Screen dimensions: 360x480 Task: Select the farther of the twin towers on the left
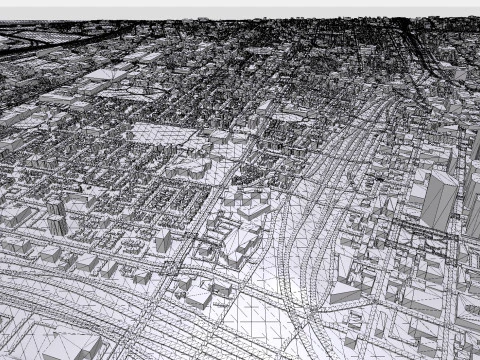click(x=55, y=208)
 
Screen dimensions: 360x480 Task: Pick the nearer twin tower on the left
click(x=57, y=224)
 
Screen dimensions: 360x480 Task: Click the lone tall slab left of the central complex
click(x=162, y=240)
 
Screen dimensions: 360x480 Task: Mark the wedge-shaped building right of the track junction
click(x=345, y=291)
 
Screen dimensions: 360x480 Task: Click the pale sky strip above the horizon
click(x=240, y=8)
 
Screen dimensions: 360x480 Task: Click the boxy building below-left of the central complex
click(x=196, y=296)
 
